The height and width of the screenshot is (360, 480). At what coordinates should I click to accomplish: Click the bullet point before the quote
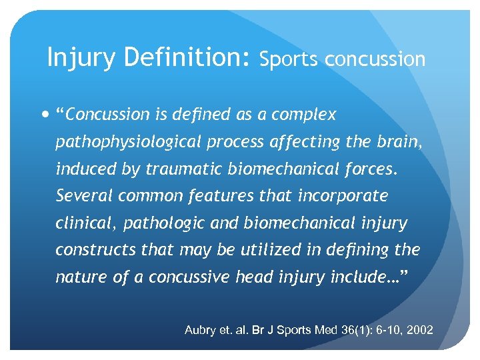44,115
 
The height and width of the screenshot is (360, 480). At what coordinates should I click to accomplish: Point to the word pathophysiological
131,142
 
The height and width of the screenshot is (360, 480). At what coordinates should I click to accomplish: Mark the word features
217,196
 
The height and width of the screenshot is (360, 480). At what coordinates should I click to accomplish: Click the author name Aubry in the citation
199,330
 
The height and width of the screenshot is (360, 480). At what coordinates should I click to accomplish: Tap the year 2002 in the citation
418,330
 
